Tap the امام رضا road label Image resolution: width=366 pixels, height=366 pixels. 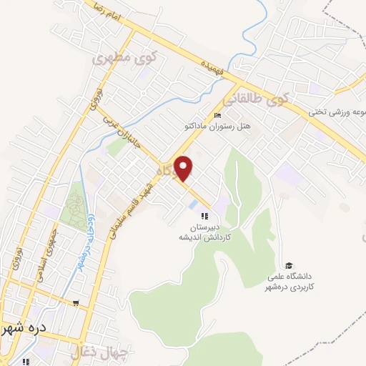click(109, 11)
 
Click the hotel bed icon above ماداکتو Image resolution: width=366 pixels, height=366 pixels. click(218, 116)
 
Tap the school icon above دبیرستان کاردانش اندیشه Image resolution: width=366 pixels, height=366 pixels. click(204, 216)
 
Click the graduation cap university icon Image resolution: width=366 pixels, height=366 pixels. click(289, 265)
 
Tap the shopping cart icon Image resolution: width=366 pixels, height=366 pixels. click(76, 302)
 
